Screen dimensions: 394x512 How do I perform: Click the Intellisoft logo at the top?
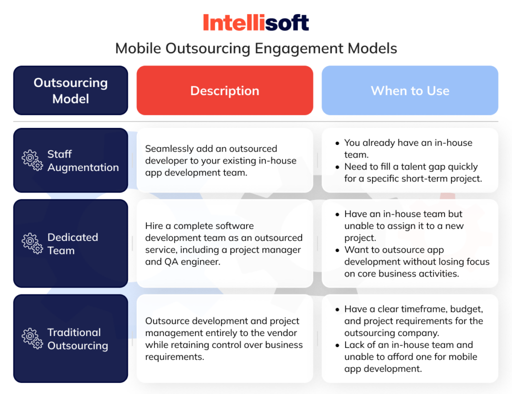point(256,23)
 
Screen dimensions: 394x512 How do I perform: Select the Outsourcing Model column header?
point(70,90)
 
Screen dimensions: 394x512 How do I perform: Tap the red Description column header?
point(224,91)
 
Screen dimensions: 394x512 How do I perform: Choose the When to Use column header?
point(410,91)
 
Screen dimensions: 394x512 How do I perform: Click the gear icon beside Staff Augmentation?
point(32,160)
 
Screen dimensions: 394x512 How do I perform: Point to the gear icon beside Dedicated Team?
point(32,243)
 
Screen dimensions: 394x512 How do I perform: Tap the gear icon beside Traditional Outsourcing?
point(32,338)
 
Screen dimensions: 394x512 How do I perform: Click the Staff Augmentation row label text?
point(83,160)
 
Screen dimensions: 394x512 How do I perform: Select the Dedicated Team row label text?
point(72,243)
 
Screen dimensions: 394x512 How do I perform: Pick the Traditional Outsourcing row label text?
point(77,338)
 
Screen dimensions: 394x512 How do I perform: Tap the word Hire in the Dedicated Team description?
point(154,226)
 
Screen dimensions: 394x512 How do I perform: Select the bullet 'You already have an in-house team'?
point(407,148)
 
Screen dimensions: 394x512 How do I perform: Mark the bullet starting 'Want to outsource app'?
point(416,261)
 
